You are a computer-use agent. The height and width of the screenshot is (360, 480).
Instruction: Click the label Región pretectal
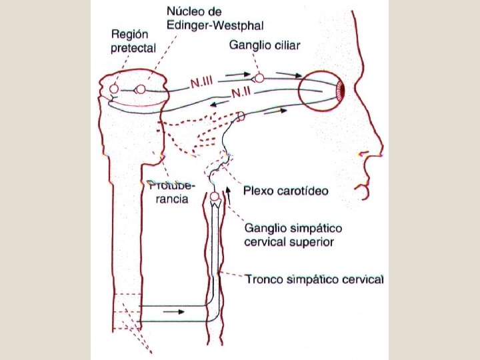click(x=133, y=41)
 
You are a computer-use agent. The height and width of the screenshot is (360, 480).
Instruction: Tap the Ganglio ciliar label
click(x=265, y=45)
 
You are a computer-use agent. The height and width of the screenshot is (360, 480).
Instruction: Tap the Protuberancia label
click(x=169, y=193)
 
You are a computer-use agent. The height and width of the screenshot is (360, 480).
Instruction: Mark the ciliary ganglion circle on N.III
click(x=259, y=78)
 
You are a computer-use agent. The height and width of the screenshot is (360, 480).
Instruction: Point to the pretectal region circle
click(x=114, y=88)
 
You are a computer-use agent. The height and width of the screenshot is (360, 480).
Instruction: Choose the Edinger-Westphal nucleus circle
click(x=140, y=89)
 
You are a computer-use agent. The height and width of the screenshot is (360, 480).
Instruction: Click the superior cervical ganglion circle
click(x=215, y=197)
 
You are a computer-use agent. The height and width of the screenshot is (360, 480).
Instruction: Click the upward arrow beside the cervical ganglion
click(x=229, y=194)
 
